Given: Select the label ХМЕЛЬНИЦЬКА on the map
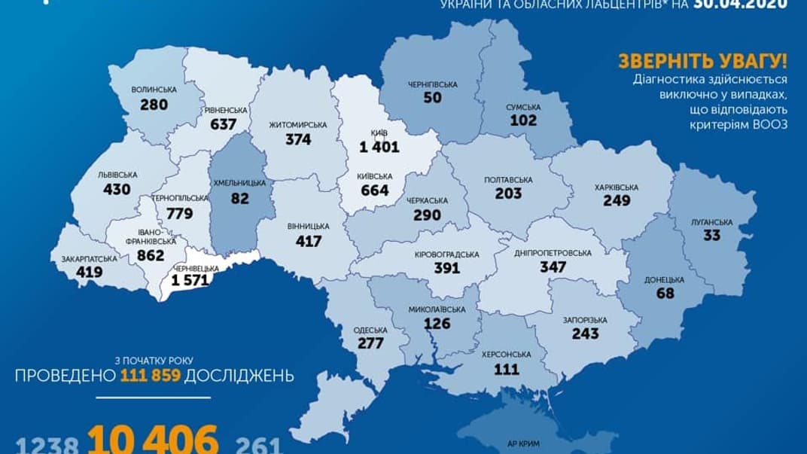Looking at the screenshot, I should point(242,183).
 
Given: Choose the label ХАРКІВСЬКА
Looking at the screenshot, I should point(616,187).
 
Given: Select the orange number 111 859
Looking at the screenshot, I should point(148,376).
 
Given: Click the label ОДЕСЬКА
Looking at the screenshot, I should point(370,330).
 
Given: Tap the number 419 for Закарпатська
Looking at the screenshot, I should point(89,273).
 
